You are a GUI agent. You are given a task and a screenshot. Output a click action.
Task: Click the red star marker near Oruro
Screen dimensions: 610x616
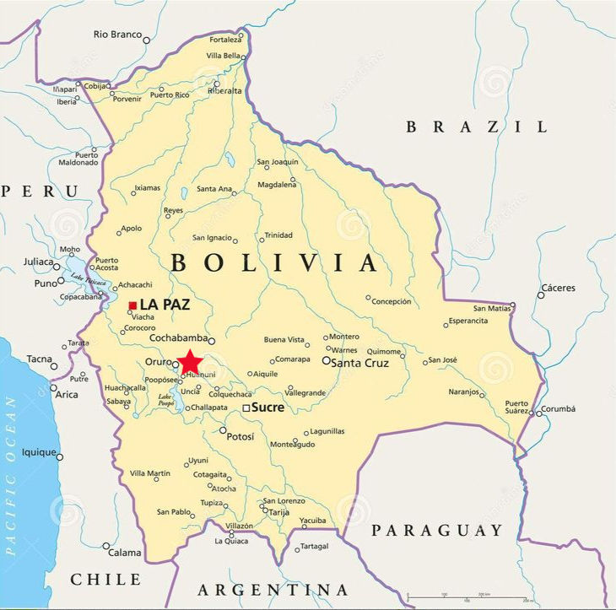click(x=190, y=361)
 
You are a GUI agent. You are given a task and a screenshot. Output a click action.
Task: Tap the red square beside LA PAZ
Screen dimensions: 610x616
click(x=132, y=305)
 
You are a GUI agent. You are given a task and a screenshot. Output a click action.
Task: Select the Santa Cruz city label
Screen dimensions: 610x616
click(x=359, y=363)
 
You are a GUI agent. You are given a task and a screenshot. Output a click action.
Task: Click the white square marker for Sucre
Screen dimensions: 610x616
click(x=246, y=408)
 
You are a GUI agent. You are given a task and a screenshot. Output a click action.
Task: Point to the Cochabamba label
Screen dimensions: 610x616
click(x=178, y=338)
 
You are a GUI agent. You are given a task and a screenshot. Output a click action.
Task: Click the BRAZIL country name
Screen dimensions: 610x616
click(x=477, y=127)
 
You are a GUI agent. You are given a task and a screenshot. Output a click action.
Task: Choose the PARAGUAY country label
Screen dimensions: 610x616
click(x=437, y=531)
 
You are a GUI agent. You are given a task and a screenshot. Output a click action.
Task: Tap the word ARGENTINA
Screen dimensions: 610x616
click(x=273, y=589)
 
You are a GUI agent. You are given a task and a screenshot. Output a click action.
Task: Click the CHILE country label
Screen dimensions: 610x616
click(x=105, y=580)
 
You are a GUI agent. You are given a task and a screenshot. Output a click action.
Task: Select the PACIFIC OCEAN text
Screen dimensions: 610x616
click(x=11, y=476)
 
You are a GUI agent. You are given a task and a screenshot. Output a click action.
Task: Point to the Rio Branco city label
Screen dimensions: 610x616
click(x=117, y=35)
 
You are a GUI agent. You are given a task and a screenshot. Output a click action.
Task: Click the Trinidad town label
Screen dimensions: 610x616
click(x=278, y=235)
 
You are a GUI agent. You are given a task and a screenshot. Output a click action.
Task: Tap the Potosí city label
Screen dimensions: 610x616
click(x=241, y=436)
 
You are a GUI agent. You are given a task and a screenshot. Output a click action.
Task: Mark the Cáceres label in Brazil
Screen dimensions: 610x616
click(x=558, y=288)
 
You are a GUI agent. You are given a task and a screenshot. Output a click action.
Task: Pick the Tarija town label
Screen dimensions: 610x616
click(x=279, y=512)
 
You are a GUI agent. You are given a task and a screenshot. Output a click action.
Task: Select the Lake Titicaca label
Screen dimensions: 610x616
click(x=89, y=280)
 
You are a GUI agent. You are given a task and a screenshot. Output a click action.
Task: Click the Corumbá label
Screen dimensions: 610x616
click(x=558, y=409)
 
